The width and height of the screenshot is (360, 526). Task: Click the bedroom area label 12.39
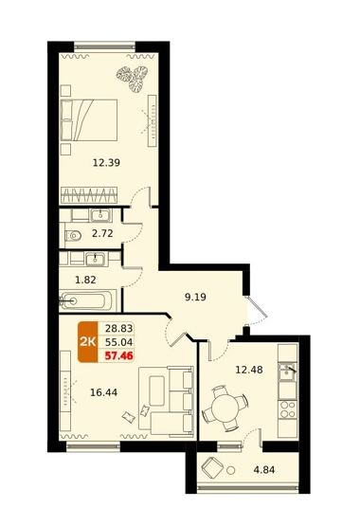[x=106, y=163]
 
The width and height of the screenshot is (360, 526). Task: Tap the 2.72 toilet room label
[x=102, y=233]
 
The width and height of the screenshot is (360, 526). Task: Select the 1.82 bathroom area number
[x=85, y=280]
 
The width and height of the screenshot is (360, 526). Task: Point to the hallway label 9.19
[x=195, y=298]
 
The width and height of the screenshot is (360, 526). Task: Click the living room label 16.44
[x=103, y=392]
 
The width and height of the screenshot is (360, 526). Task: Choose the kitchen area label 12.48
[x=249, y=370]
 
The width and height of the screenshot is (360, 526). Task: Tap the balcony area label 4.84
[x=264, y=470]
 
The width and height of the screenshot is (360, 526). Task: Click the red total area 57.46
[x=119, y=355]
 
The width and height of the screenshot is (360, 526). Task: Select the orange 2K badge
[x=88, y=342]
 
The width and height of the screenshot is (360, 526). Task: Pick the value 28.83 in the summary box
[x=119, y=329]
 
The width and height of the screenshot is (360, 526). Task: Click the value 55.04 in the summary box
[x=119, y=342]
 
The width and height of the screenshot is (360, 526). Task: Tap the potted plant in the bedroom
[x=132, y=80]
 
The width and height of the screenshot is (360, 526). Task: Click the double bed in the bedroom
[x=89, y=119]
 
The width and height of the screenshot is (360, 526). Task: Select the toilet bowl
[x=73, y=236]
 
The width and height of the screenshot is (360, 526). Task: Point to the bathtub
[x=88, y=300]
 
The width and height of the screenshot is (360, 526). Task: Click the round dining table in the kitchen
[x=225, y=408]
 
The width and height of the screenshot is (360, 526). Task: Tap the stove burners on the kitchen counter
[x=288, y=409]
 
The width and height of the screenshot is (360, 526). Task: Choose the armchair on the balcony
[x=212, y=468]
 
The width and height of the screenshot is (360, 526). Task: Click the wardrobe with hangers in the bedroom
[x=89, y=195]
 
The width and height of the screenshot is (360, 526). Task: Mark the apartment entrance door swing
[x=258, y=310]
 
